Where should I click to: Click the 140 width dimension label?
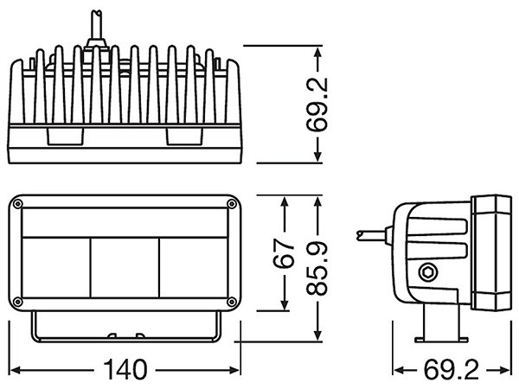(125, 369)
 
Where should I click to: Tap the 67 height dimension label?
(284, 253)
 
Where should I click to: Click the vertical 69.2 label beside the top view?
(317, 105)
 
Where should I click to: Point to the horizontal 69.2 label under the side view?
(452, 370)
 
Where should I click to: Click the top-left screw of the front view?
(17, 204)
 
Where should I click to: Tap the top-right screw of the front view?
(232, 204)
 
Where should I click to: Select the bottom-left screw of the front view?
(17, 302)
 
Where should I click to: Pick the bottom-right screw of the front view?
(232, 302)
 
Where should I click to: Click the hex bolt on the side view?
(427, 273)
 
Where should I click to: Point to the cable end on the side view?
(361, 235)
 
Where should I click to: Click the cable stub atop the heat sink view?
(97, 27)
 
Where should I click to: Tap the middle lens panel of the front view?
(125, 268)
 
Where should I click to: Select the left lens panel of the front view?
(56, 268)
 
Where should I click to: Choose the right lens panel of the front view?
(194, 268)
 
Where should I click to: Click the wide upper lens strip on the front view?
(125, 223)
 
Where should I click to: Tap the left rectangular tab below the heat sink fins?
(65, 137)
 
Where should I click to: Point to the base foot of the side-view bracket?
(441, 340)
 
